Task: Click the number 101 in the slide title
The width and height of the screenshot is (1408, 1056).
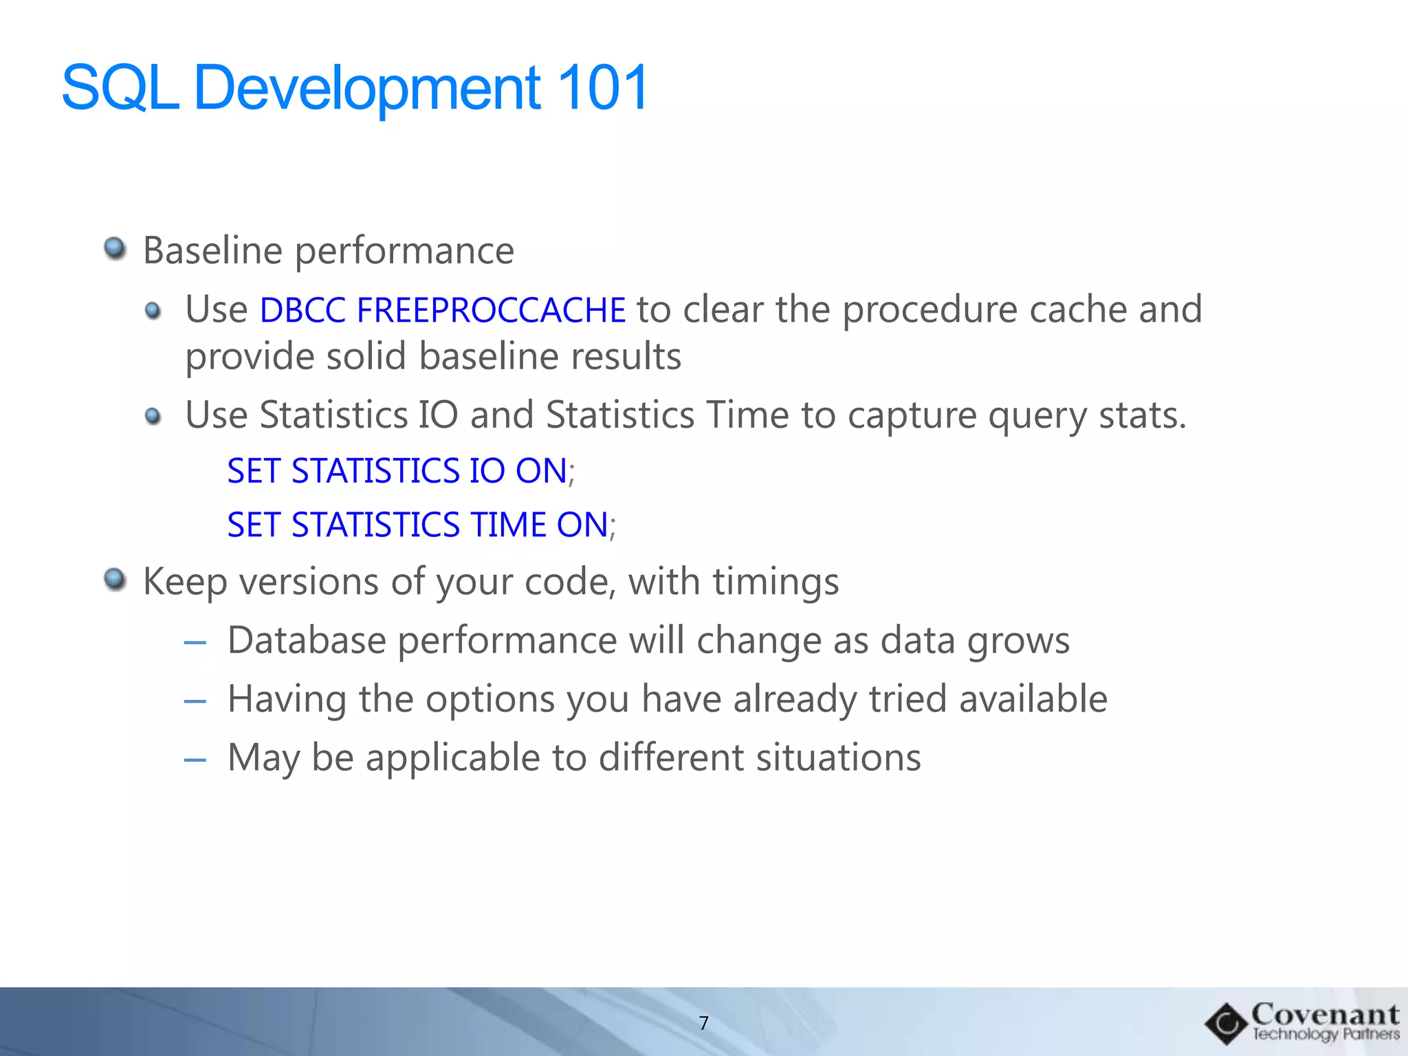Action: click(x=603, y=88)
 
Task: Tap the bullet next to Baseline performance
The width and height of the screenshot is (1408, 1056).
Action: click(x=115, y=248)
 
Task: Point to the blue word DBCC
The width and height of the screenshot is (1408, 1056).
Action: click(x=302, y=310)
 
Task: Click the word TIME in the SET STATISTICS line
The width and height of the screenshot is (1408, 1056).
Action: click(x=509, y=525)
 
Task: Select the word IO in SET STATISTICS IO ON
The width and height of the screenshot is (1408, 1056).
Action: click(x=487, y=472)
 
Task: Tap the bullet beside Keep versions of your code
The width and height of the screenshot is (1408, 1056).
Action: click(x=115, y=580)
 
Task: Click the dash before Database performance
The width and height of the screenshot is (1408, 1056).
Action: click(x=195, y=643)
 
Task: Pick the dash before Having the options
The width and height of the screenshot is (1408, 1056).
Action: click(x=195, y=701)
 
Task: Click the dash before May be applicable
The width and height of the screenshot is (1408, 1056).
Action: click(x=195, y=760)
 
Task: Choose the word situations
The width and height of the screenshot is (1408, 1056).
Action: click(x=838, y=758)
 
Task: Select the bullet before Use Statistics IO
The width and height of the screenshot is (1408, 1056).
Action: click(x=153, y=416)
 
